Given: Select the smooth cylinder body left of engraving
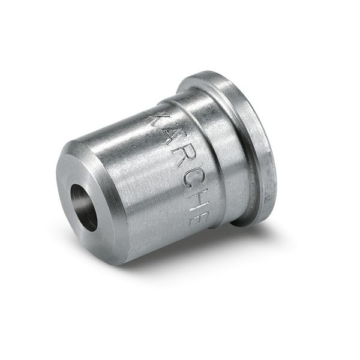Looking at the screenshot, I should pos(120,180).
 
